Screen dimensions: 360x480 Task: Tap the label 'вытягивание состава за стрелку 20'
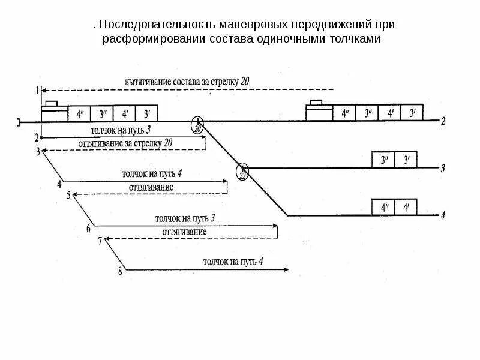pos(186,81)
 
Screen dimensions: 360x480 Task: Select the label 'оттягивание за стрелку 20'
pos(125,143)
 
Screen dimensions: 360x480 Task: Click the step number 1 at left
pos(37,91)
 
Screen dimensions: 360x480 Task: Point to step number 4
pos(59,184)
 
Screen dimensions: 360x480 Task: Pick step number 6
pos(88,228)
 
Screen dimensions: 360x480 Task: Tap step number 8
pos(120,271)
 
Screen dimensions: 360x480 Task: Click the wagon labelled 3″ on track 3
pos(383,160)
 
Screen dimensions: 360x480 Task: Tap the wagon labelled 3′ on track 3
pos(406,160)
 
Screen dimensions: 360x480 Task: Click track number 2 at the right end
pos(443,122)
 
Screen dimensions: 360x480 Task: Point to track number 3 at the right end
pos(443,169)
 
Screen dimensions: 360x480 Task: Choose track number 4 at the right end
pos(443,215)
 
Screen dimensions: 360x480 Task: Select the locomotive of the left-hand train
pos(54,112)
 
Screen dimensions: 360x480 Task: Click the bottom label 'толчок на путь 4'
pos(233,262)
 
